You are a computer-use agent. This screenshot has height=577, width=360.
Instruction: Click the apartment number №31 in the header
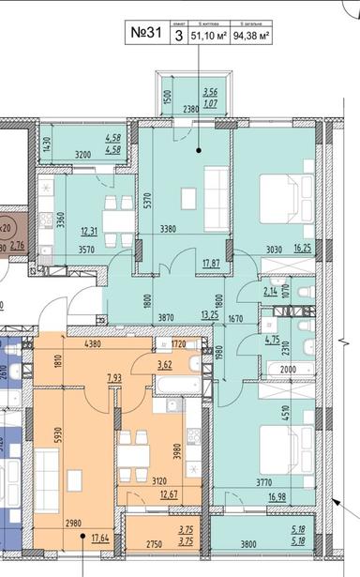(x=142, y=34)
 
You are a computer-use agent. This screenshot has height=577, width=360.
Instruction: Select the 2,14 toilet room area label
(x=271, y=292)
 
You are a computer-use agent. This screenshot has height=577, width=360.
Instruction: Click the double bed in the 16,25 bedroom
(x=285, y=192)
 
